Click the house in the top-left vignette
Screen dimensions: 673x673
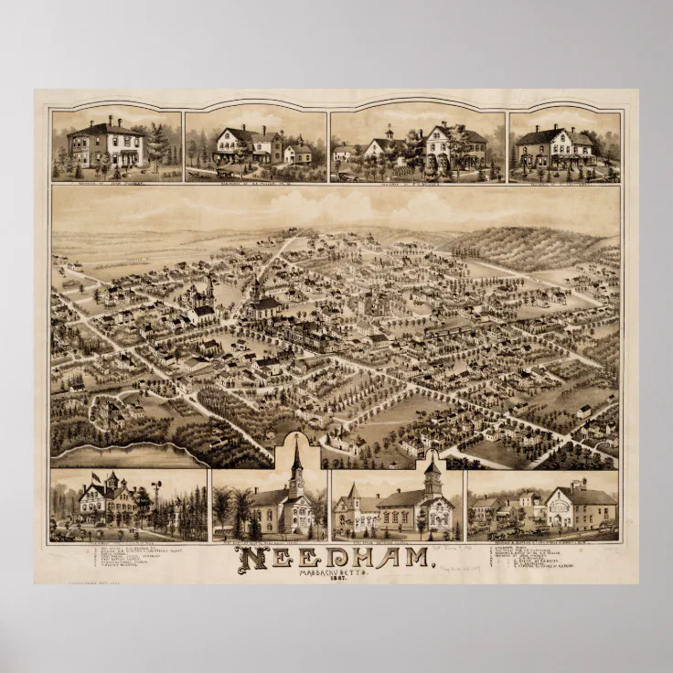[x=108, y=144]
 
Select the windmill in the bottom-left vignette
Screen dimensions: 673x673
[x=156, y=489]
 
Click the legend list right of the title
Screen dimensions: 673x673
[x=530, y=558]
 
